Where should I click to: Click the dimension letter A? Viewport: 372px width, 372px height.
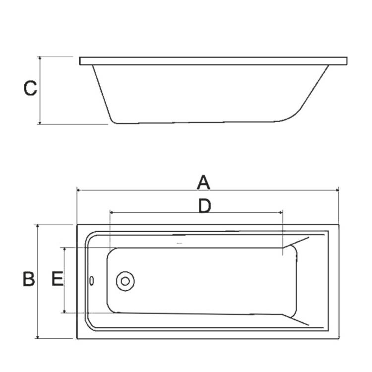[x=203, y=183]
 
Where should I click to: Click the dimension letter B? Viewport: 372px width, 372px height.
[x=29, y=279]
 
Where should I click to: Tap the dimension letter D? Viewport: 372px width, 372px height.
[x=204, y=205]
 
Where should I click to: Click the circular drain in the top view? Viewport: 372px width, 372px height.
[x=125, y=281]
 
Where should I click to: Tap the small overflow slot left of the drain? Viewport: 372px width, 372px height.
[x=92, y=281]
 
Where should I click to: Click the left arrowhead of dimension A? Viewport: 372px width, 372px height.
[x=78, y=189]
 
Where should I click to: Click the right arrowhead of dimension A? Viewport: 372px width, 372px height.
[x=337, y=189]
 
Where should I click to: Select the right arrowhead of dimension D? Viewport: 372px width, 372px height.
[x=281, y=212]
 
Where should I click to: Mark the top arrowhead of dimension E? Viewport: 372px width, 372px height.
[x=64, y=249]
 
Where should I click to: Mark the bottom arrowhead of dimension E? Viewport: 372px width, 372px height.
[x=64, y=311]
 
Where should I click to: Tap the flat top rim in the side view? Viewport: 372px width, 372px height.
[x=213, y=61]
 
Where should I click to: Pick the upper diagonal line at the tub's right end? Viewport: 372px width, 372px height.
[x=296, y=242]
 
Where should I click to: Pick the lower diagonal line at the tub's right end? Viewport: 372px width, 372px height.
[x=297, y=320]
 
